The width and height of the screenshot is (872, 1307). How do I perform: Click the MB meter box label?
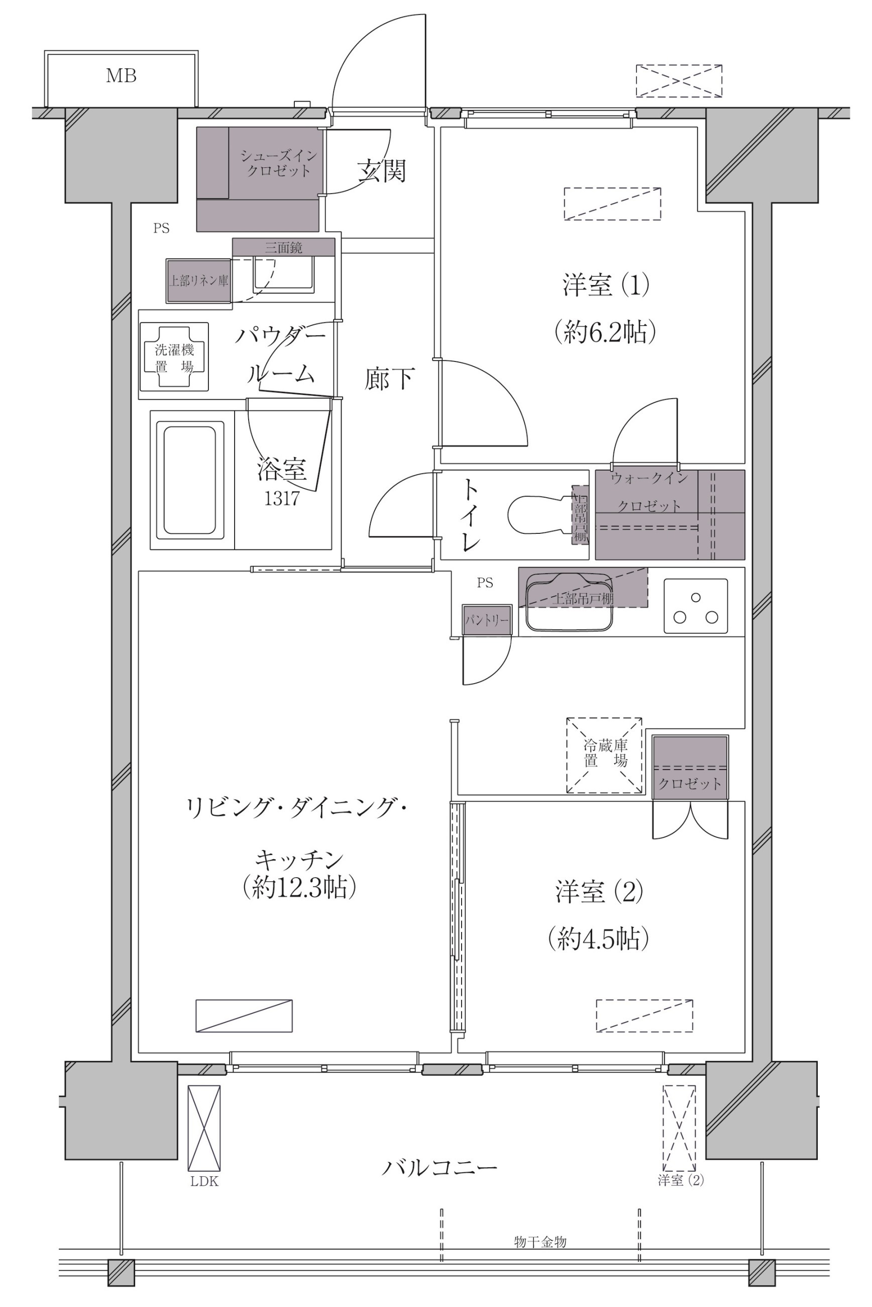pyautogui.click(x=121, y=76)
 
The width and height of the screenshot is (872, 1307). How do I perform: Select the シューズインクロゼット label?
pyautogui.click(x=279, y=163)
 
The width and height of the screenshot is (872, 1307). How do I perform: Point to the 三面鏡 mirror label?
pyautogui.click(x=284, y=248)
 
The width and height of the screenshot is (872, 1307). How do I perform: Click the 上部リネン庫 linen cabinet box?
pyautogui.click(x=198, y=281)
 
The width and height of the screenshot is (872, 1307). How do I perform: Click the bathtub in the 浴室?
pyautogui.click(x=190, y=480)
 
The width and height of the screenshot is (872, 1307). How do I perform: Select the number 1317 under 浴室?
pyautogui.click(x=282, y=499)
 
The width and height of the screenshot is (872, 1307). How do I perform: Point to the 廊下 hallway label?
pyautogui.click(x=389, y=379)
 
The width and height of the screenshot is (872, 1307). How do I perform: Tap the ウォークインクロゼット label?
pyautogui.click(x=649, y=492)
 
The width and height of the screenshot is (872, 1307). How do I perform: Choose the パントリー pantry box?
pyautogui.click(x=487, y=620)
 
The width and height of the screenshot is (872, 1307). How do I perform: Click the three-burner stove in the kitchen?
pyautogui.click(x=696, y=606)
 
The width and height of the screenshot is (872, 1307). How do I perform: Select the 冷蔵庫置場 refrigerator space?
pyautogui.click(x=604, y=755)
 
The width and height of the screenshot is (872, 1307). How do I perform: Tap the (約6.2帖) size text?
pyautogui.click(x=605, y=333)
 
